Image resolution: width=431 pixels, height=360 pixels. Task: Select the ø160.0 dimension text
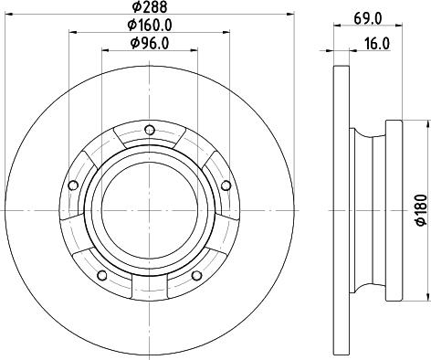point(148,26)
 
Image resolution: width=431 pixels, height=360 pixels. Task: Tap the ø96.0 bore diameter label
point(148,43)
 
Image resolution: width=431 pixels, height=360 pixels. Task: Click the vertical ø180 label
point(420,209)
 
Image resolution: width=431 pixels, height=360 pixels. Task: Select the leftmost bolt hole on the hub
point(71,185)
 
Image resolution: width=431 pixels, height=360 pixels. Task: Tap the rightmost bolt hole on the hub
point(225,185)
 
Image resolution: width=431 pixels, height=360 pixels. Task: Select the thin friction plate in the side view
point(341,209)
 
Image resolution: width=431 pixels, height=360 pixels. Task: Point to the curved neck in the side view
point(367,209)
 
